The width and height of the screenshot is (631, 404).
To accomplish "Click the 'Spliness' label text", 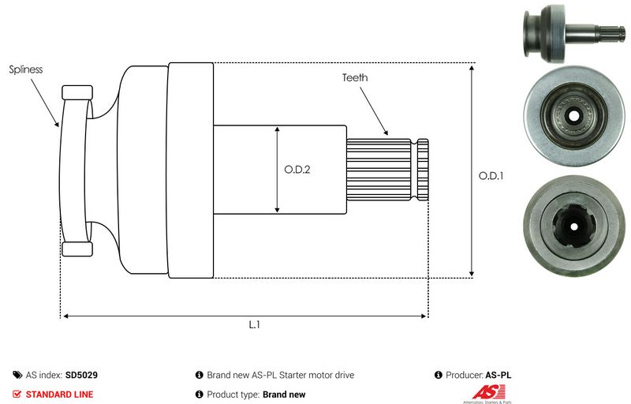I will [x=26, y=69].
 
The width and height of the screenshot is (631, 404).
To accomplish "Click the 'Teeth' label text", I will [x=354, y=78].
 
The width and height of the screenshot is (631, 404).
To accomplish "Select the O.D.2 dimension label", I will [x=296, y=169].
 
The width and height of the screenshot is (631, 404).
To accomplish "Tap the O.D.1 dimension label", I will [x=490, y=177].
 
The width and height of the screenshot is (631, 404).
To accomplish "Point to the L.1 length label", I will [x=255, y=324].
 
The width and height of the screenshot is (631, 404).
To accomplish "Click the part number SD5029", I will [x=81, y=376].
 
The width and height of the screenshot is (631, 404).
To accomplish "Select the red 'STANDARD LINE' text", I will [x=59, y=395].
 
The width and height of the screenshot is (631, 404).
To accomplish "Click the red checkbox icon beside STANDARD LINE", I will [x=17, y=395].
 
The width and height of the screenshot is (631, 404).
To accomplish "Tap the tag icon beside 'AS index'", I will [x=17, y=376].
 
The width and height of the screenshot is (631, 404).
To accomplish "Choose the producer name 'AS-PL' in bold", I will [x=498, y=376].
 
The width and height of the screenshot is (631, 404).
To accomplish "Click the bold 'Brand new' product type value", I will [x=283, y=395].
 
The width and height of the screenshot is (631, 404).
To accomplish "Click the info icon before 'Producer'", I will [x=439, y=376].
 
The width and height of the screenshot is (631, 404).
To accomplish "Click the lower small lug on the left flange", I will [x=77, y=249].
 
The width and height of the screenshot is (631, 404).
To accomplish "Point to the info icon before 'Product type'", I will [x=199, y=395].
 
